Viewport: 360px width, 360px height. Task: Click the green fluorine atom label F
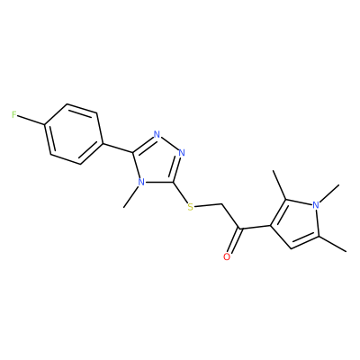13,114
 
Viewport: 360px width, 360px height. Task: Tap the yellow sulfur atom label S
190,207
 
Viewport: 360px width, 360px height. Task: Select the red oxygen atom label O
227,257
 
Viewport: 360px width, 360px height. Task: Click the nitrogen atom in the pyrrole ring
315,205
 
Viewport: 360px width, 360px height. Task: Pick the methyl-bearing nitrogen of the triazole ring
141,182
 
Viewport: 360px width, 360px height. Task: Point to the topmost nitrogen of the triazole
157,134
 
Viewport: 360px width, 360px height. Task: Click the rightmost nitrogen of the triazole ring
182,153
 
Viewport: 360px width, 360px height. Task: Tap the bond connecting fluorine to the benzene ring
31,120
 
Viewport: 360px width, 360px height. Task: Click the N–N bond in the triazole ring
169,143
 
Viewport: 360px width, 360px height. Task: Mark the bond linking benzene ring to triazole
118,148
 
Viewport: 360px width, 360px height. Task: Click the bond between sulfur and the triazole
180,192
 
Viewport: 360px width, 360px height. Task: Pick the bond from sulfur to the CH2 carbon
208,205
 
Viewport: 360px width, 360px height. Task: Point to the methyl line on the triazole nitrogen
131,197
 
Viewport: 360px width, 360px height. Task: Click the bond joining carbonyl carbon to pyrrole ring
255,228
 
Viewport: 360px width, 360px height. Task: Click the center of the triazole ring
157,161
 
